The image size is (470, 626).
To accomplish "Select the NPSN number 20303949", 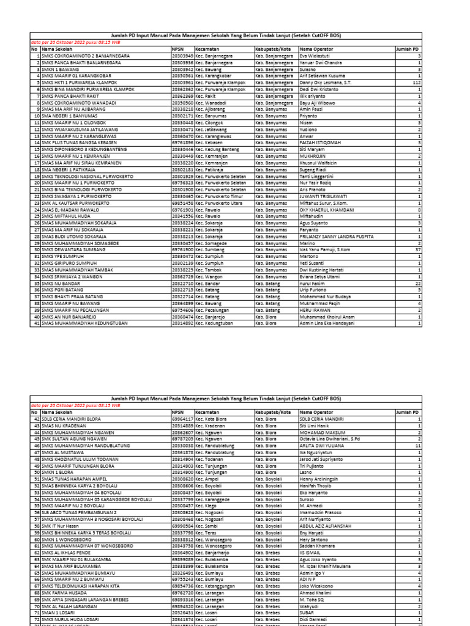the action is (182, 55).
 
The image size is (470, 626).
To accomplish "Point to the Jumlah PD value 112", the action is (416, 81).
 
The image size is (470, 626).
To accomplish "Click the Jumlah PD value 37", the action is (417, 249).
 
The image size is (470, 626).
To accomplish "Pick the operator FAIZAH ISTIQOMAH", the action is (320, 142).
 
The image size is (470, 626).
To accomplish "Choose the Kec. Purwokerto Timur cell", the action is (220, 196).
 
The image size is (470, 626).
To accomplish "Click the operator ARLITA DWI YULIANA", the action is (322, 446).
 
